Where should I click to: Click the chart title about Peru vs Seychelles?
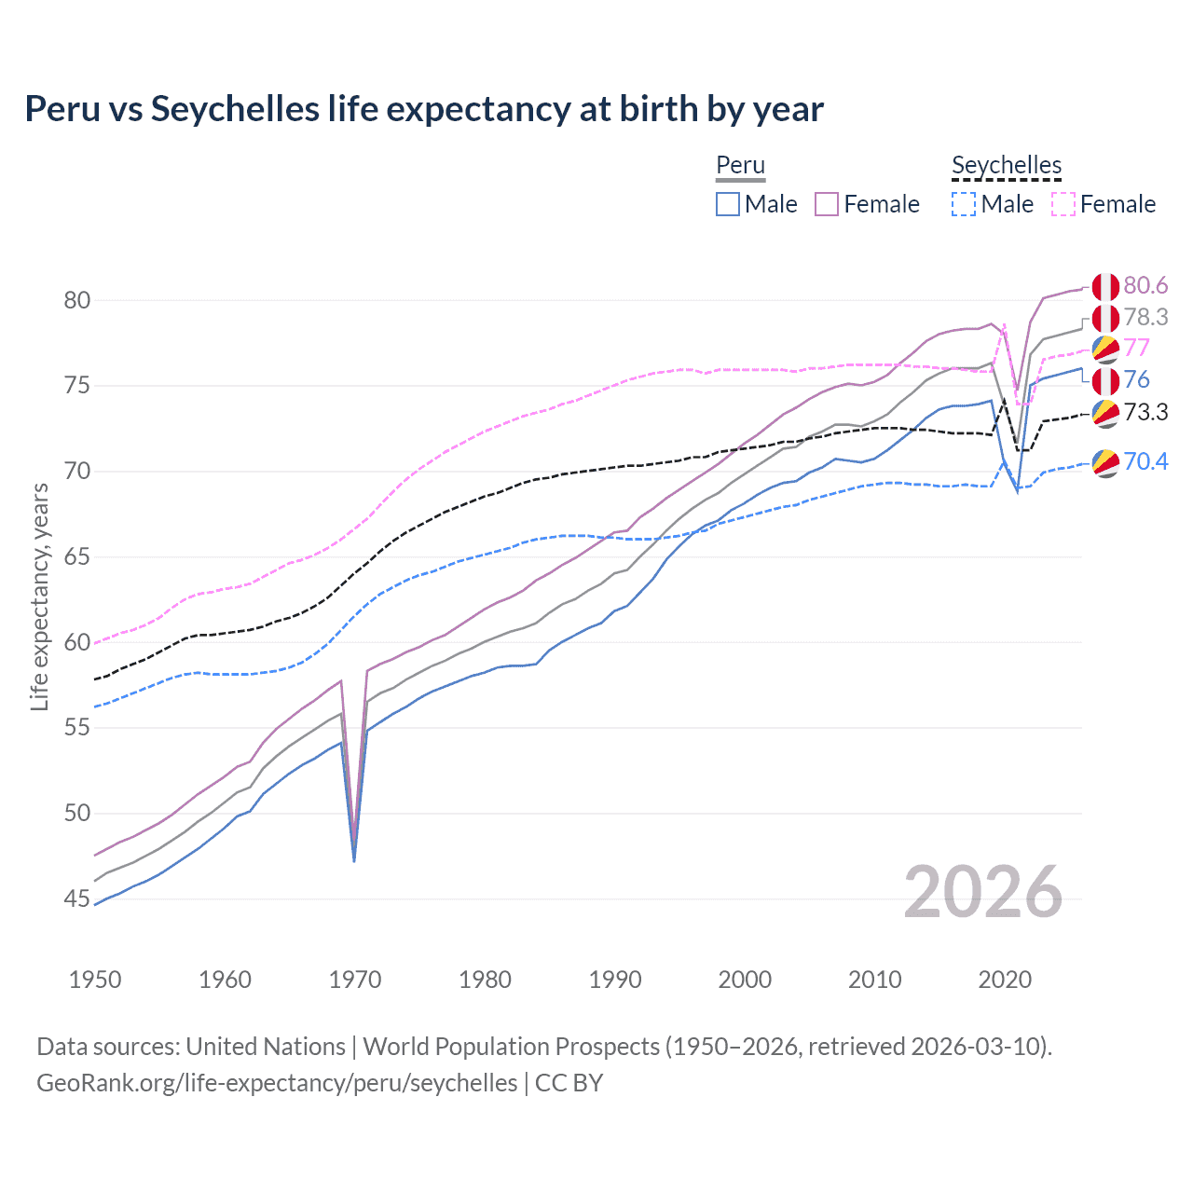click(424, 109)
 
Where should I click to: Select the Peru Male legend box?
click(728, 204)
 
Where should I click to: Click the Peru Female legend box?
click(827, 204)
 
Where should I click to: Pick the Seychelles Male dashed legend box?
click(964, 204)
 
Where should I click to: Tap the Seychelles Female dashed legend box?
click(1063, 204)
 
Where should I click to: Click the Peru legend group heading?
click(740, 165)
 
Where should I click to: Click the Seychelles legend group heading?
click(1007, 165)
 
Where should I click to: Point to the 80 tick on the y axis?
click(77, 300)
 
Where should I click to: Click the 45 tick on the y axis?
click(77, 898)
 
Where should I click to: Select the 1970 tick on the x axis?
click(355, 980)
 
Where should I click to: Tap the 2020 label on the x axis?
click(1005, 980)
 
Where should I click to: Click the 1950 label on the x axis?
click(95, 980)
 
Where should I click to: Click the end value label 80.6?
click(1145, 285)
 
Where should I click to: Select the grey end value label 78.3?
click(1145, 317)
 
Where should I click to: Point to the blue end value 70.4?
click(1145, 461)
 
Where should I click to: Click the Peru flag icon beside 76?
click(1105, 380)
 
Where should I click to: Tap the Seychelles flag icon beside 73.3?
click(1105, 413)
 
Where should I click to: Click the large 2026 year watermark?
click(983, 892)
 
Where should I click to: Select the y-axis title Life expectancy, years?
click(39, 596)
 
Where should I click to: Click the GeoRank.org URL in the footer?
click(277, 1083)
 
